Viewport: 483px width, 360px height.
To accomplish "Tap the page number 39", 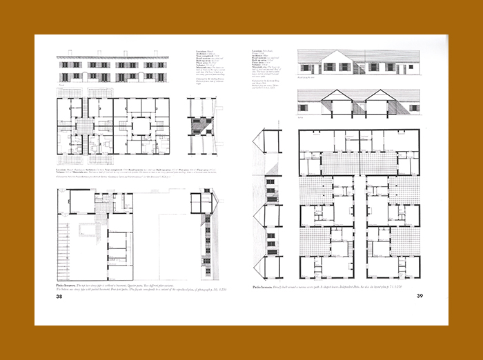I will [x=420, y=297].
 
